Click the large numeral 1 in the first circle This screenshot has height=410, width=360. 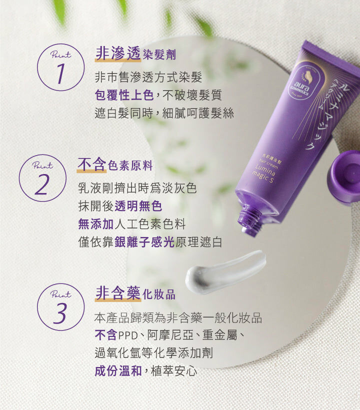pyautogui.click(x=60, y=73)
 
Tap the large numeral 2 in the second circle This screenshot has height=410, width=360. pyautogui.click(x=42, y=184)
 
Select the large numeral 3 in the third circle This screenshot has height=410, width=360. pyautogui.click(x=60, y=313)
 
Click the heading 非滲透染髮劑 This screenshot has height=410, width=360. pyautogui.click(x=135, y=53)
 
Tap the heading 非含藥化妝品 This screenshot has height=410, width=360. pyautogui.click(x=135, y=293)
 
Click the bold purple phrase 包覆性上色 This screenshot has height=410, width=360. pyautogui.click(x=124, y=95)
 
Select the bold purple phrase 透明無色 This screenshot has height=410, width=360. pyautogui.click(x=138, y=206)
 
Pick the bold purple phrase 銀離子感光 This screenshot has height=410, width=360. pyautogui.click(x=144, y=242)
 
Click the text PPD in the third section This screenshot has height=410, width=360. pyautogui.click(x=128, y=335)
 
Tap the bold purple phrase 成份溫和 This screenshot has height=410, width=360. pyautogui.click(x=118, y=371)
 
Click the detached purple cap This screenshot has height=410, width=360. pyautogui.click(x=344, y=176)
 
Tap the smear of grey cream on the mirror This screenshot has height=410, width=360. pyautogui.click(x=225, y=271)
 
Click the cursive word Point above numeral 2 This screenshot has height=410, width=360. pyautogui.click(x=42, y=165)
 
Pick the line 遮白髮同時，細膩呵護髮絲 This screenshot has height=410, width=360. pyautogui.click(x=164, y=113)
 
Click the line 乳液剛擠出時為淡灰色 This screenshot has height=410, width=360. pyautogui.click(x=137, y=188)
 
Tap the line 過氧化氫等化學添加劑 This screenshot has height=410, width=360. pyautogui.click(x=153, y=352)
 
